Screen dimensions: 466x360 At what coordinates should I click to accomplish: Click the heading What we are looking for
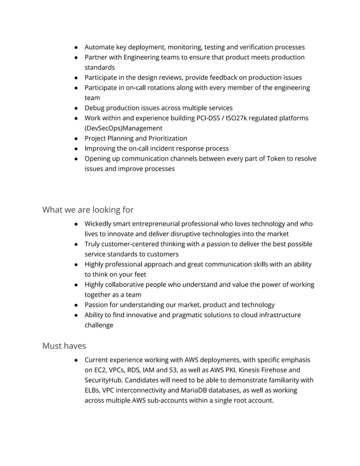[88, 210]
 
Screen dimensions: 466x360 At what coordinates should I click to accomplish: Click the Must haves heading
[64, 346]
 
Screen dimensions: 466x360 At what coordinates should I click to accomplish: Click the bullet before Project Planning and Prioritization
[76, 138]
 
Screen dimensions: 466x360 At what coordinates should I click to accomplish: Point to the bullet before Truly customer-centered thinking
[76, 244]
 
